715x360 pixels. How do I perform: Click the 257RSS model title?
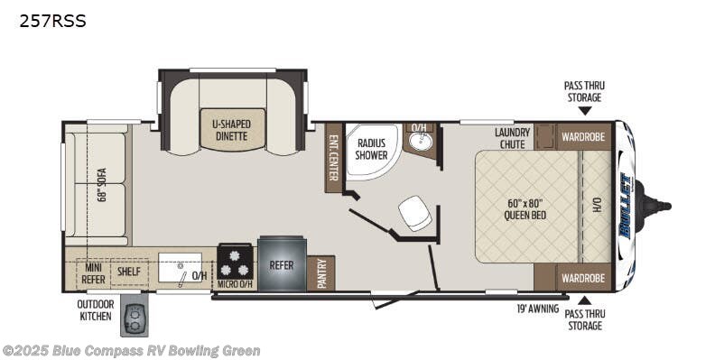tap(52, 21)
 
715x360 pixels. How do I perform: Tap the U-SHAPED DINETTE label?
tap(232, 130)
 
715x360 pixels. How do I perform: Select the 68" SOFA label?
tap(101, 185)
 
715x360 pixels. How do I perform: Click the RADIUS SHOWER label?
tap(371, 149)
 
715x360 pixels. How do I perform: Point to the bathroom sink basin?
tap(419, 141)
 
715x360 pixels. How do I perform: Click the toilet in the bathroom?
tap(415, 213)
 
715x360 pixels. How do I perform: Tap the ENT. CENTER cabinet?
tap(333, 158)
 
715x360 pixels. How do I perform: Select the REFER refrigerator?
tap(282, 263)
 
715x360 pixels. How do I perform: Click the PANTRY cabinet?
tap(321, 273)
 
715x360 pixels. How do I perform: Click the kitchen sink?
tap(181, 267)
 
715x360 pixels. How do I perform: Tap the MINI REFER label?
tap(94, 273)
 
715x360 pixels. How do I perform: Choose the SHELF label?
tap(129, 272)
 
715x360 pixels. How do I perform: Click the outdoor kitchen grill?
tap(134, 315)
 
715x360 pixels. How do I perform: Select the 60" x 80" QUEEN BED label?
tap(525, 208)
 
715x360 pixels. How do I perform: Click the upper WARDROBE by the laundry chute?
tap(583, 136)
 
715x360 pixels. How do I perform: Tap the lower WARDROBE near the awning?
tap(583, 278)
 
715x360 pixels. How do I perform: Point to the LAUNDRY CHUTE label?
tap(513, 138)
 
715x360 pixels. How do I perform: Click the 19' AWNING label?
tap(538, 309)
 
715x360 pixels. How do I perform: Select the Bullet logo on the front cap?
tap(627, 206)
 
